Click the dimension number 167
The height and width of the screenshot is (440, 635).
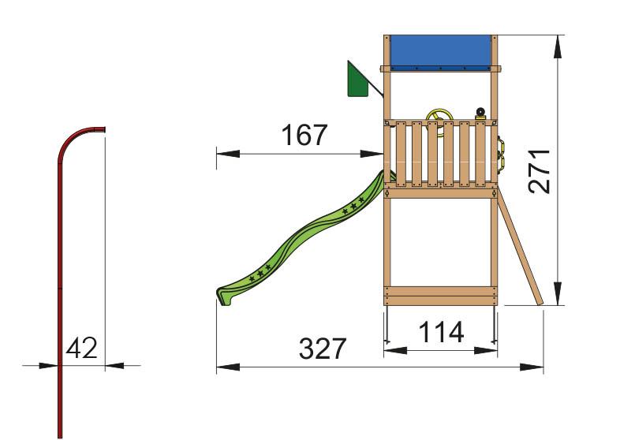pyautogui.click(x=304, y=135)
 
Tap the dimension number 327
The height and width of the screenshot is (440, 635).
pyautogui.click(x=323, y=349)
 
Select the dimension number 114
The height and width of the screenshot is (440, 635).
pyautogui.click(x=441, y=332)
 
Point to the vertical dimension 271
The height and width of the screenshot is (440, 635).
pyautogui.click(x=540, y=171)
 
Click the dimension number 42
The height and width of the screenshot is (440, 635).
pyautogui.click(x=81, y=348)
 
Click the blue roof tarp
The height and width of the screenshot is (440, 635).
pyautogui.click(x=440, y=53)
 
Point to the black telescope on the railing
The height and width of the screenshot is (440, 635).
pyautogui.click(x=480, y=114)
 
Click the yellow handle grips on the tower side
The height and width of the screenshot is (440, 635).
pyautogui.click(x=502, y=153)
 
